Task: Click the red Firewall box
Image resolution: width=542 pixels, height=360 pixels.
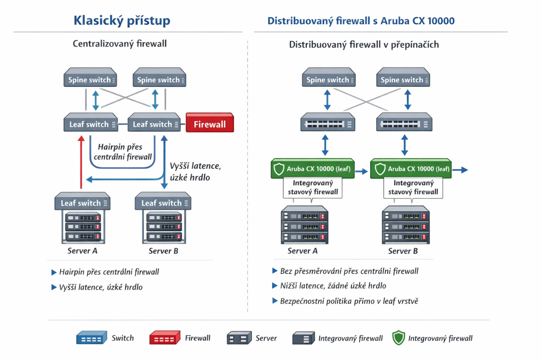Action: coord(210,123)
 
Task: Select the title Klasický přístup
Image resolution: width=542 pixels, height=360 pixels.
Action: coord(122,20)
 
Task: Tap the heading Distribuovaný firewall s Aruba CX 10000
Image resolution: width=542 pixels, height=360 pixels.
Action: coord(361,21)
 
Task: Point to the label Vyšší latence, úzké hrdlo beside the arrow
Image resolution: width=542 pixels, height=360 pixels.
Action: coord(195,171)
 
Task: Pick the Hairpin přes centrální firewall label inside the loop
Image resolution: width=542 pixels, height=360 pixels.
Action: coord(122,152)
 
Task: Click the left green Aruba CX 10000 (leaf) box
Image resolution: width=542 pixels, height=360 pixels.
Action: coord(313,169)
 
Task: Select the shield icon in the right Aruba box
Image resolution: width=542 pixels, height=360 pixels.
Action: coord(380,169)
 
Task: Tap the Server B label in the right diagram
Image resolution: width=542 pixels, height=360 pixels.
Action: coord(403,251)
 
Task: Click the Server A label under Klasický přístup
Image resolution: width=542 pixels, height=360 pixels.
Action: coord(82,251)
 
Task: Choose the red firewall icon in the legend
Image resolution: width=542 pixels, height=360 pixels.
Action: coord(164,338)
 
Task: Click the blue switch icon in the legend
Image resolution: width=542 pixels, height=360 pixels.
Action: coord(91,338)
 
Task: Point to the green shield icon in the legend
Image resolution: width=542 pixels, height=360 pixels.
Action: coord(398,338)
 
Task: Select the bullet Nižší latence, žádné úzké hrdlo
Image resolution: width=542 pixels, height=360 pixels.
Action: coord(333,286)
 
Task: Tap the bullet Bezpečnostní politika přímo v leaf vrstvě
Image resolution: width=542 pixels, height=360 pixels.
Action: coord(349,301)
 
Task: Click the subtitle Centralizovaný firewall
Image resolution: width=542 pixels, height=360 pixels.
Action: coord(119,43)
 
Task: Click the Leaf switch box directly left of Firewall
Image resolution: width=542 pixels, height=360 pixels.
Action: coord(154,124)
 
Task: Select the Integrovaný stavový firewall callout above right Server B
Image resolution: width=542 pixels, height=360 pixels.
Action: coord(413,187)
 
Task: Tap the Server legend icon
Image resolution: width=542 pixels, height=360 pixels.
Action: coord(239,338)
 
